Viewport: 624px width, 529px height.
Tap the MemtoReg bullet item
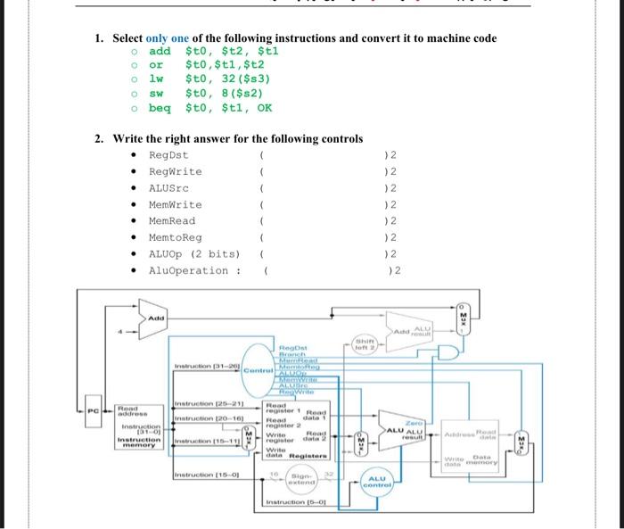175,237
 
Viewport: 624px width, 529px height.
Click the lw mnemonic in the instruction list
156,79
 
